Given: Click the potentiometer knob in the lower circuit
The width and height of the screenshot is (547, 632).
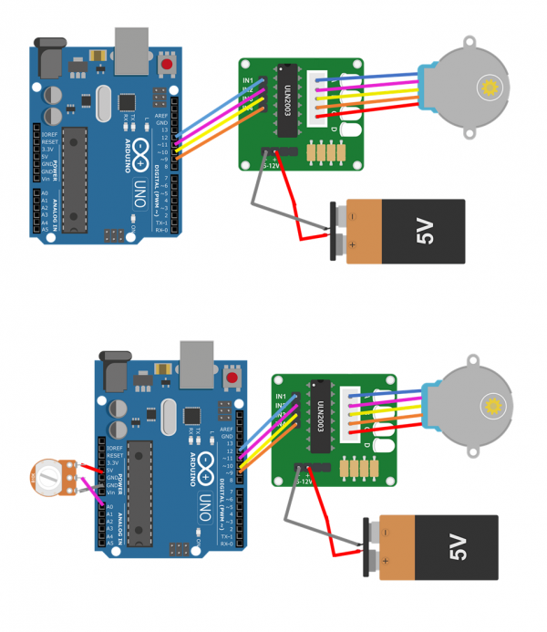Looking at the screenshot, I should [44, 479].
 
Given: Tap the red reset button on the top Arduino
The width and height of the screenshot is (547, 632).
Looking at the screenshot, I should [167, 66].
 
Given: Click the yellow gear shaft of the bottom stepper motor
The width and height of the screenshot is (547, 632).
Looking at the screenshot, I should [494, 404].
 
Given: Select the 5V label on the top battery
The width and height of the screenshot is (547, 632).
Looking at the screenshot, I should [426, 232].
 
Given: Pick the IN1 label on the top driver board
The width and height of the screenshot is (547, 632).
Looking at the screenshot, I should [248, 80].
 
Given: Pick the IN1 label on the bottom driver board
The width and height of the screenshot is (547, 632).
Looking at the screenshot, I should [281, 397].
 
